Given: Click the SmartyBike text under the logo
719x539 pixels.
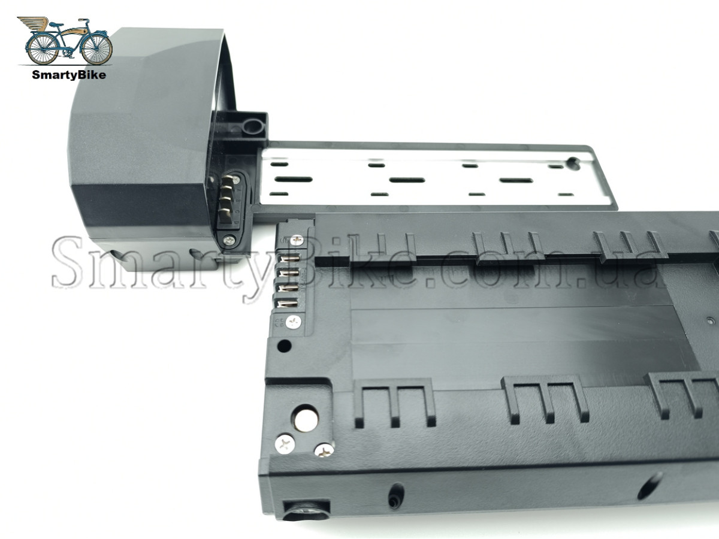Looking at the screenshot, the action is coord(69,75).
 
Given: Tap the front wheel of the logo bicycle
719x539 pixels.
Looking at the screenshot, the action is coord(96,49).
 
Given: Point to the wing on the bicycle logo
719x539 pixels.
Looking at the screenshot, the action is coord(33,23).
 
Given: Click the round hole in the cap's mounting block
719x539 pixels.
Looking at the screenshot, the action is coord(254,126).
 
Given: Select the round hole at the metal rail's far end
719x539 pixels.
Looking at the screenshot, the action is coord(573,163).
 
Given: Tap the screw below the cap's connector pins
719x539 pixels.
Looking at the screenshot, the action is coord(229,241).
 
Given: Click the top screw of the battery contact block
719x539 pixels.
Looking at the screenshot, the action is coord(297,240).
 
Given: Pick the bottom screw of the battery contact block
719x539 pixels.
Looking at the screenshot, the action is coord(294,322).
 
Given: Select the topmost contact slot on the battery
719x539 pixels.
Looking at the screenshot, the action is coord(289,259).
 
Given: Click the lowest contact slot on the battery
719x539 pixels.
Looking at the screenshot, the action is coord(288,304).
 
